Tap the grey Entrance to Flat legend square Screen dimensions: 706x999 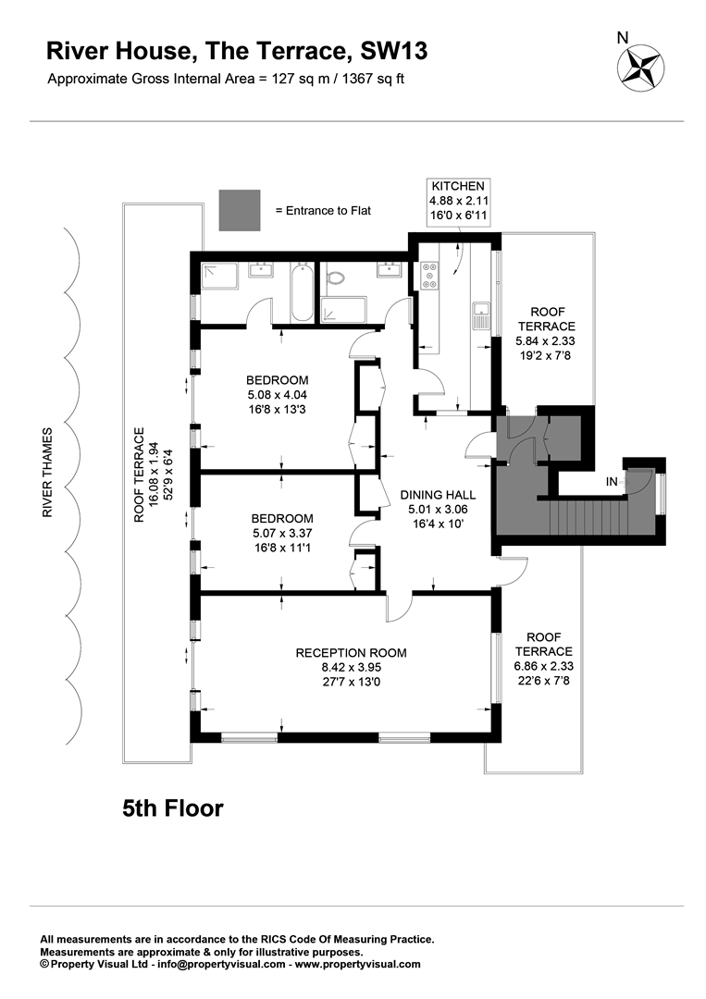tap(240, 210)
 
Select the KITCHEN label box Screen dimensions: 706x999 tap(459, 202)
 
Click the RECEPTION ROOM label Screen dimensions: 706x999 tap(351, 653)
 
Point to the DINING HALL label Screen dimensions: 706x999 tap(438, 495)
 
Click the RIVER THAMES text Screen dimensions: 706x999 tap(48, 472)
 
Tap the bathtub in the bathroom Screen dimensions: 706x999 tap(302, 293)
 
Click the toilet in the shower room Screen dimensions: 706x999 tap(335, 277)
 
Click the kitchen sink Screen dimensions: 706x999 tap(481, 316)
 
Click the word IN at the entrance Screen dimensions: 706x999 tap(612, 482)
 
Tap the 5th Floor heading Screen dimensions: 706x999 tap(173, 808)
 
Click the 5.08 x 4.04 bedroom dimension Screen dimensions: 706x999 tap(278, 395)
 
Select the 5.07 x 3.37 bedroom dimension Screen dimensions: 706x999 tap(282, 534)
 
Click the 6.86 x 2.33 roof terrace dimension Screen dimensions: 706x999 tap(543, 666)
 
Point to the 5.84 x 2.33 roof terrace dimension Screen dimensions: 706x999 tap(545, 340)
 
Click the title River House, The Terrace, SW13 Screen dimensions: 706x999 tap(237, 52)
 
